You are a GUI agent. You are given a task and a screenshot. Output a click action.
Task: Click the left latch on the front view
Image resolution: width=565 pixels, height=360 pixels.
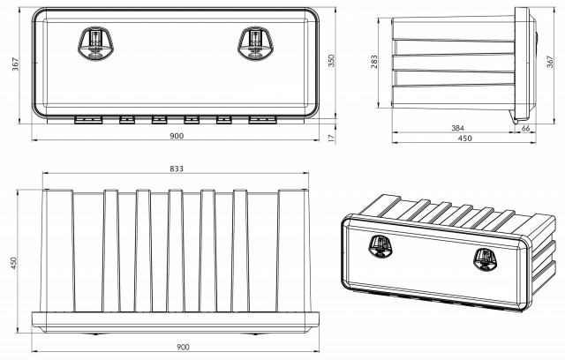pos(96,43)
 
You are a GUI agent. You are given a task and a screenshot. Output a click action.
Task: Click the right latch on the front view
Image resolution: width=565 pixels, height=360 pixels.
pos(255,43)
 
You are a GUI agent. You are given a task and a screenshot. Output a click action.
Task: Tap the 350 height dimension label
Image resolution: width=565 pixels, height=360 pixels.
pos(332,60)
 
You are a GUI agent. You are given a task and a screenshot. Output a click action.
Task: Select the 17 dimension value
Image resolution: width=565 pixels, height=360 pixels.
pos(332,137)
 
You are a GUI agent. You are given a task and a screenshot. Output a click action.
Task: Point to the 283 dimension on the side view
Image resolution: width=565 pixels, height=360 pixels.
pos(374,62)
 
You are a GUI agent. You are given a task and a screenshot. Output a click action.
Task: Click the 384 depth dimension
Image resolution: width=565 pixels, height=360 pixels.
pos(457,128)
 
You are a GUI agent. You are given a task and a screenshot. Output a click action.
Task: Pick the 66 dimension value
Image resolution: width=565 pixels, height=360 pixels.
pos(526,128)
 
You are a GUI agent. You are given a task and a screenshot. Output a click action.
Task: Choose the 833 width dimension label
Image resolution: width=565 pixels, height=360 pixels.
pos(177,169)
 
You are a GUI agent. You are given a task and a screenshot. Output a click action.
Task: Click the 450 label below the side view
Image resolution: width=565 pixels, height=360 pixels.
pos(465,138)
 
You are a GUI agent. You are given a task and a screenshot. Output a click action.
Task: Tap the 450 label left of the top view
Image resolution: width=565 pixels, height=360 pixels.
pos(14,263)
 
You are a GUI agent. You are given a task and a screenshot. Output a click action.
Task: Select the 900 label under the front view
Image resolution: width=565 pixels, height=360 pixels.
pos(177,136)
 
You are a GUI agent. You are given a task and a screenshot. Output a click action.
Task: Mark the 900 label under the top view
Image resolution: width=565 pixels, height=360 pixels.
pos(183,347)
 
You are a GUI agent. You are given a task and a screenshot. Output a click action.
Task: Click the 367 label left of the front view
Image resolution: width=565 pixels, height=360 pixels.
pos(15,64)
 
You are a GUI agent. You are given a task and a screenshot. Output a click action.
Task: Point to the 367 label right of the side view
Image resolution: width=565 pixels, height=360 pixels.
pos(550,62)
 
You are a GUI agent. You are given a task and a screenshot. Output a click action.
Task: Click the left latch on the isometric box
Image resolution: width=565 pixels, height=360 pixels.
pos(380,246)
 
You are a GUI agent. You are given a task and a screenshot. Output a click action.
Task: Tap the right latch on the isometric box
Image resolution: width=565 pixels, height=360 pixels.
pos(486,259)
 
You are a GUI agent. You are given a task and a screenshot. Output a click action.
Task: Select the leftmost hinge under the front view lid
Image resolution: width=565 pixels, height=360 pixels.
pos(88,120)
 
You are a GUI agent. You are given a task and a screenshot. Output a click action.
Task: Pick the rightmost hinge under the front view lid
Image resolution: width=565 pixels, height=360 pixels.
pos(263,120)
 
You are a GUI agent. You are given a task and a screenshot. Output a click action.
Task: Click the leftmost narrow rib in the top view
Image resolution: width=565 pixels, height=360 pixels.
pos(111,251)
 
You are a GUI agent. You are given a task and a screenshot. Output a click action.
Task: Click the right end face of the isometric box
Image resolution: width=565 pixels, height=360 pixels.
pos(544,259)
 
